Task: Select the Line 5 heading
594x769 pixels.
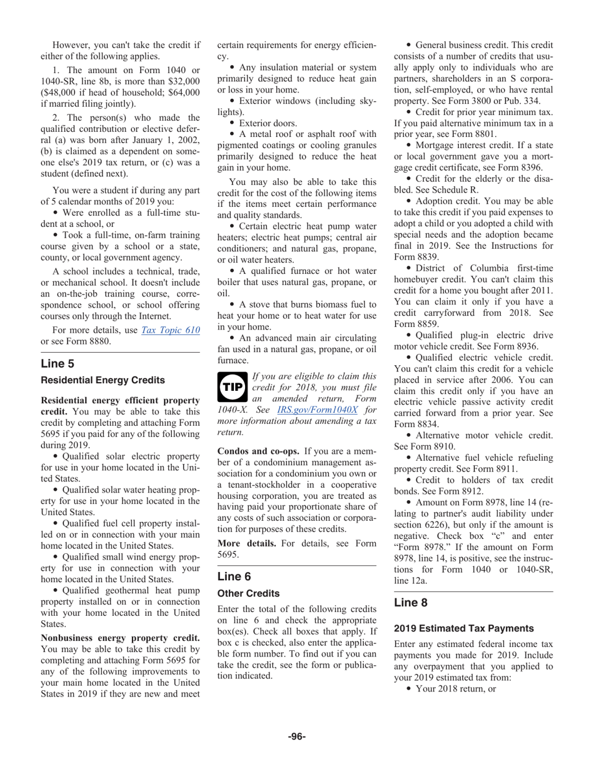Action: pyautogui.click(x=58, y=363)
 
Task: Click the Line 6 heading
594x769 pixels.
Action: pyautogui.click(x=234, y=576)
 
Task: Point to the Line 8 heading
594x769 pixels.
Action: pyautogui.click(x=411, y=602)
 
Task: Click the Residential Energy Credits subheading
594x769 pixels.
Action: pyautogui.click(x=103, y=380)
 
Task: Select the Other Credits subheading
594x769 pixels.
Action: pyautogui.click(x=248, y=593)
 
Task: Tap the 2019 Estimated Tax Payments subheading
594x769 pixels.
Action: pyautogui.click(x=463, y=628)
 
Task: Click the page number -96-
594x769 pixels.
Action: pyautogui.click(x=296, y=736)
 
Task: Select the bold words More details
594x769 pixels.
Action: pyautogui.click(x=246, y=543)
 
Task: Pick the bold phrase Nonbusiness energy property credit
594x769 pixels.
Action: pyautogui.click(x=120, y=638)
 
